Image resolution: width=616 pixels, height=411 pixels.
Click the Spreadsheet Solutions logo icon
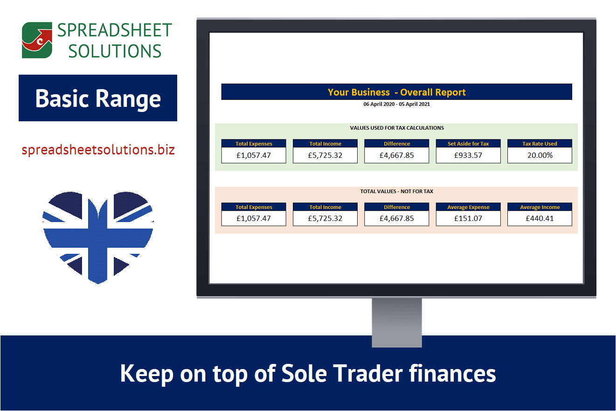click(37, 41)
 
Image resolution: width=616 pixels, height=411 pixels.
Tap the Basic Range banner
click(98, 98)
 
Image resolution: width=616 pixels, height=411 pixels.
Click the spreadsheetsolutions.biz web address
click(98, 150)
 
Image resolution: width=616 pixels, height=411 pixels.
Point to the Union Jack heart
click(98, 236)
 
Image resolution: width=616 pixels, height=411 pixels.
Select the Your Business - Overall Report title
click(396, 92)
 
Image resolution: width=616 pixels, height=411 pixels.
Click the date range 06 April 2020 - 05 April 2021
click(396, 104)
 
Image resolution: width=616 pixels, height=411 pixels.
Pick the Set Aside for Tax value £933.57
click(468, 155)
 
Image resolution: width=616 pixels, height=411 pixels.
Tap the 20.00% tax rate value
click(540, 155)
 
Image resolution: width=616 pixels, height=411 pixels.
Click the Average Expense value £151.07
click(468, 218)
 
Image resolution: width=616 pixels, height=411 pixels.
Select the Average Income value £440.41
click(540, 218)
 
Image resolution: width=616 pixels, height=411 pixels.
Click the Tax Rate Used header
click(540, 144)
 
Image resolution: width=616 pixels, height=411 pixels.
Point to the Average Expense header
click(468, 207)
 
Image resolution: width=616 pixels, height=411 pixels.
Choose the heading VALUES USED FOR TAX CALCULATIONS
click(396, 128)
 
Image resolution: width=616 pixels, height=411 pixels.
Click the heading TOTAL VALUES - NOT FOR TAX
click(396, 191)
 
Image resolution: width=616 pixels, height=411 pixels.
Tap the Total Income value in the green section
click(325, 155)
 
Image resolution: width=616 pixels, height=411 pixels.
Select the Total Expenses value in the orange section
click(254, 218)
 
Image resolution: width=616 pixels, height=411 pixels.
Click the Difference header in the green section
click(397, 144)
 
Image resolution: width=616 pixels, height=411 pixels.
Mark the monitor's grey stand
click(397, 322)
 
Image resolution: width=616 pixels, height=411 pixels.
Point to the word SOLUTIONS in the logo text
click(115, 51)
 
